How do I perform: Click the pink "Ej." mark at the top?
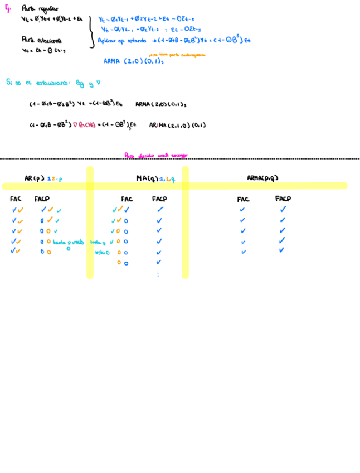pyautogui.click(x=8, y=8)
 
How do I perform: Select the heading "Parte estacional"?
pyautogui.click(x=42, y=40)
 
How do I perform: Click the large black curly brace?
pyautogui.click(x=91, y=32)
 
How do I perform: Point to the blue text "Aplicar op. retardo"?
pyautogui.click(x=122, y=41)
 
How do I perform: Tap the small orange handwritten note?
pyautogui.click(x=177, y=55)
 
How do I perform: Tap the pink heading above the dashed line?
pyautogui.click(x=156, y=156)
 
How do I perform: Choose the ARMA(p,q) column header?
pyautogui.click(x=262, y=178)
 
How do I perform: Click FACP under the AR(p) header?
pyautogui.click(x=42, y=199)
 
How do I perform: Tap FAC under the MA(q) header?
pyautogui.click(x=127, y=199)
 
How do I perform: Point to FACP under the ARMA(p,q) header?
pyautogui.click(x=283, y=199)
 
